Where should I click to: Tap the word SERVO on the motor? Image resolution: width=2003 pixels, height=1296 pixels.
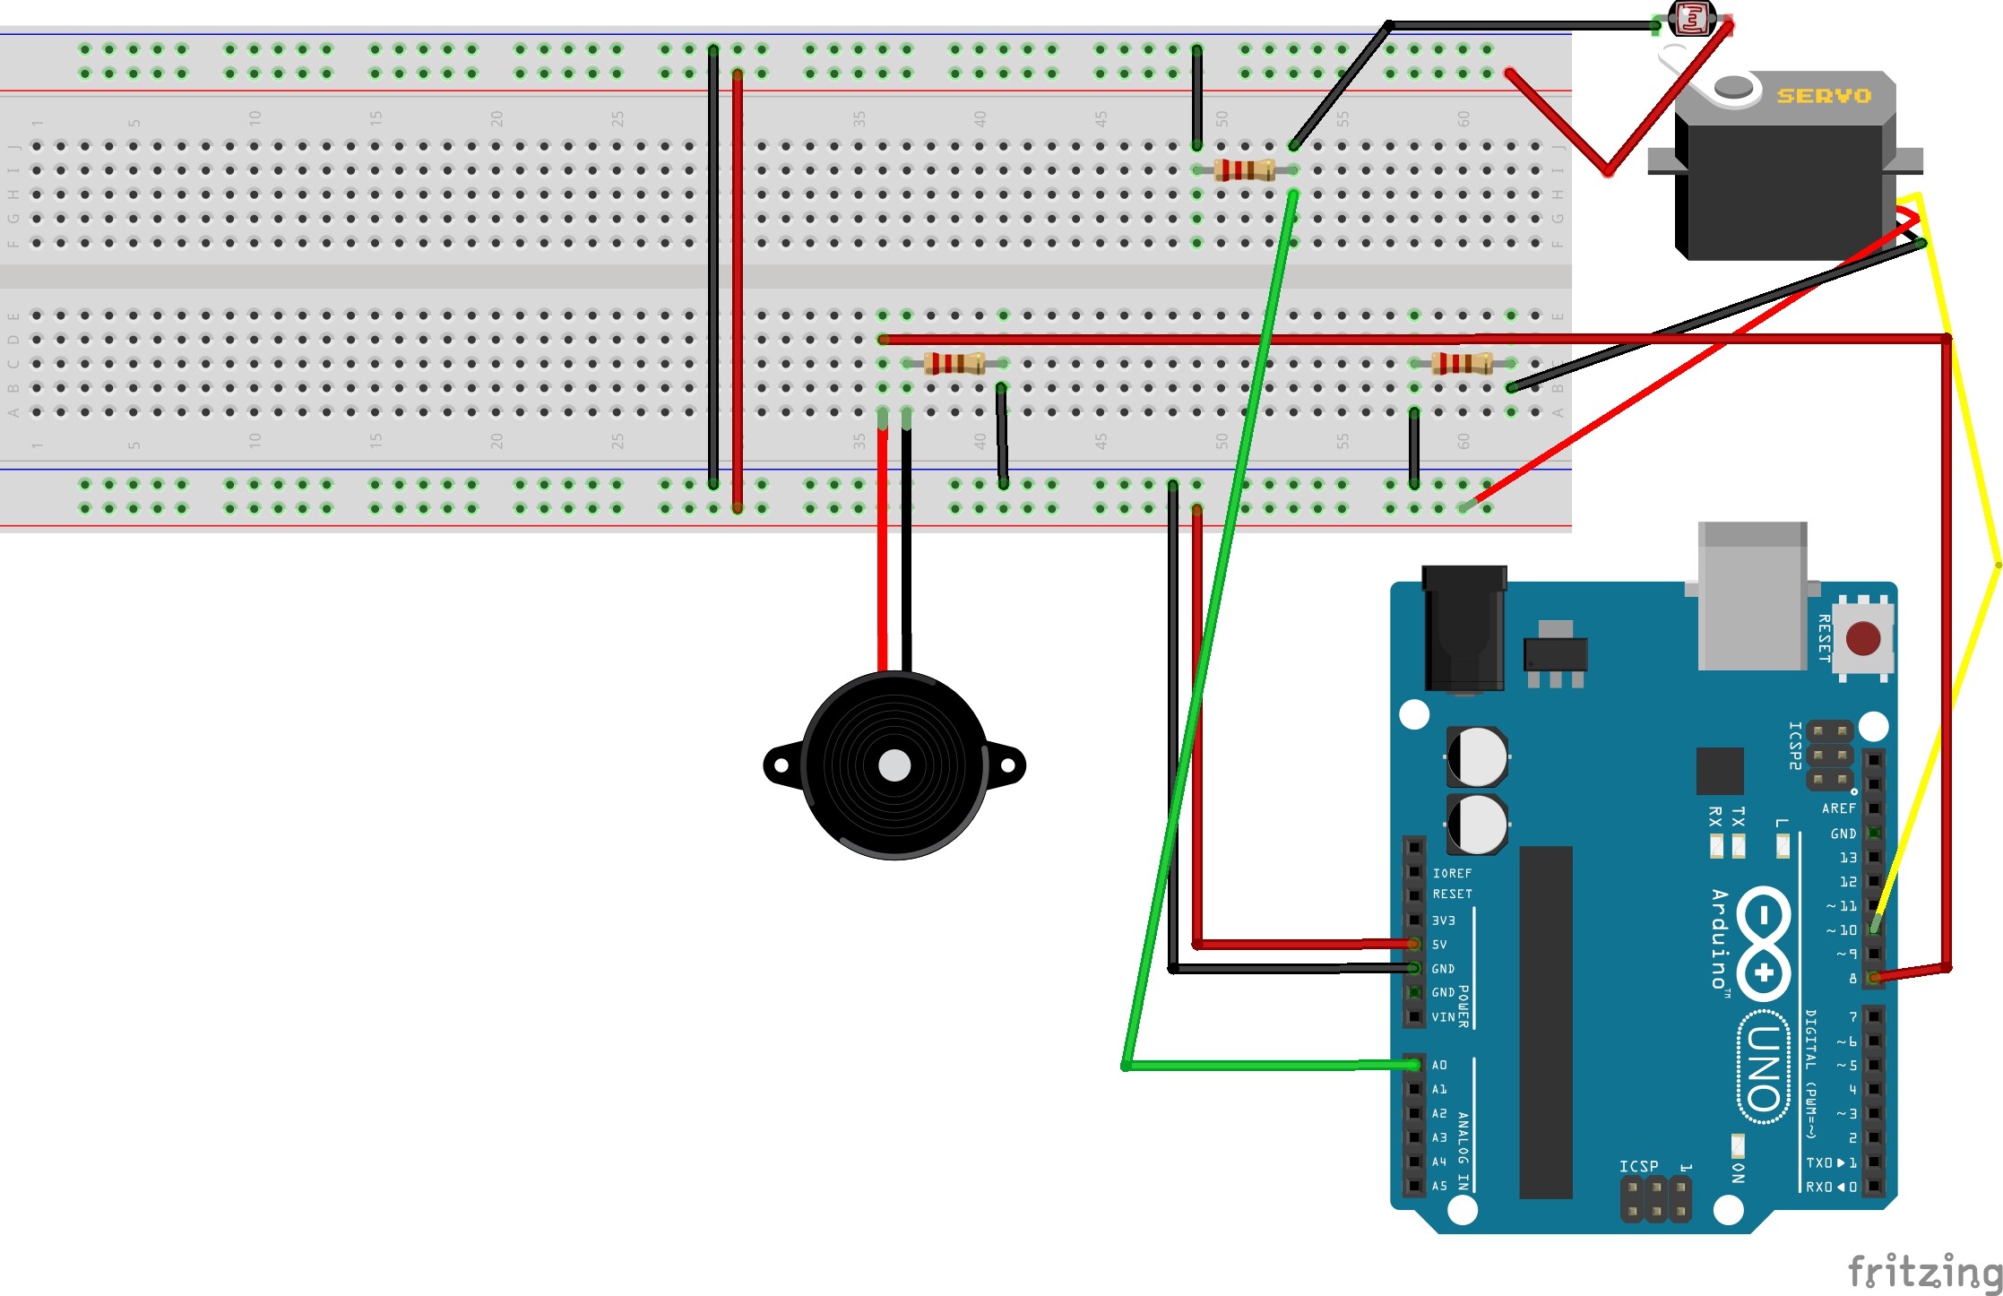coord(1824,96)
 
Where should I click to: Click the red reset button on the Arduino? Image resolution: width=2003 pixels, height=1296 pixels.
coord(1863,639)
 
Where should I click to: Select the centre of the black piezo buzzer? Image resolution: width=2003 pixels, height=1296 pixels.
coord(894,765)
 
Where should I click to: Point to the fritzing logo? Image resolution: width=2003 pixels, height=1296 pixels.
coord(1924,1271)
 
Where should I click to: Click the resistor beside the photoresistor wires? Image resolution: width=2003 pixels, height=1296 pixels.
coord(1245,169)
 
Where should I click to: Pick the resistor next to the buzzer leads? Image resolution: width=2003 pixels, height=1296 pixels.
coord(954,363)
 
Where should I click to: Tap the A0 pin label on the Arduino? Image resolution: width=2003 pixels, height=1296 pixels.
coord(1439,1065)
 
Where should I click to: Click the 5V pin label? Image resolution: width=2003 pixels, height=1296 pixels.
coord(1439,945)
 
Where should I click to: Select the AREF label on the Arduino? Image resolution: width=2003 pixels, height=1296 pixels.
coord(1838,808)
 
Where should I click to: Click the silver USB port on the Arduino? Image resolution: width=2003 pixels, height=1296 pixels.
coord(1752,596)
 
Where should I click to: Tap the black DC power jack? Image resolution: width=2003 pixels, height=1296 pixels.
coord(1464,627)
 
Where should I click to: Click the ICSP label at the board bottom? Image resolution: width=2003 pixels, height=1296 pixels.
coord(1638,1166)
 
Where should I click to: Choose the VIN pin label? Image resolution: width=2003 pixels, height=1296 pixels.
coord(1443,1017)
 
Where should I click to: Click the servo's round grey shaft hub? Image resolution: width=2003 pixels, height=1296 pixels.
coord(1733,87)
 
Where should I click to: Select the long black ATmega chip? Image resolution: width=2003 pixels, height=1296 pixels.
coord(1546,1022)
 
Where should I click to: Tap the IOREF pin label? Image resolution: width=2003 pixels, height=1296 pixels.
coord(1452,873)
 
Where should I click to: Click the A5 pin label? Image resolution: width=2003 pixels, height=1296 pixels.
coord(1439,1186)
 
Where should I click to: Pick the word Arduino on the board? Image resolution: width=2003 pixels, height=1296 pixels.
coord(1719,939)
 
